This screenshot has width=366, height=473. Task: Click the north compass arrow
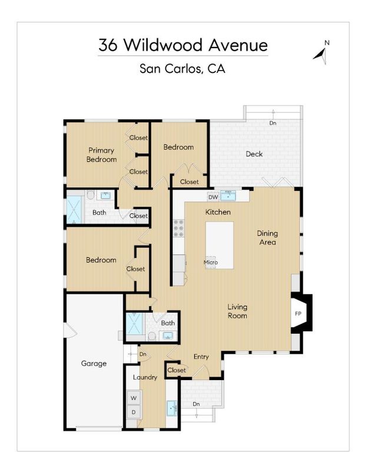coord(321,55)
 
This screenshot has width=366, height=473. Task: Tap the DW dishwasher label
coord(213,197)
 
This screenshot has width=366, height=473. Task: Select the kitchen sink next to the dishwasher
coord(228,196)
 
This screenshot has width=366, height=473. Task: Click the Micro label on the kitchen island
coord(211,262)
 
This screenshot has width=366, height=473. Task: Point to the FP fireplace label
coord(298,314)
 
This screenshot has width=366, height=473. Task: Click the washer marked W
coord(134,398)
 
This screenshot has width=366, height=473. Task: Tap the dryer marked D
coord(134,412)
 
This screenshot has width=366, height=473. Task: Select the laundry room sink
coord(172,408)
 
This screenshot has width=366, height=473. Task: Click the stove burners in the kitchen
coord(178,228)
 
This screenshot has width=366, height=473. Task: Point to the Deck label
coord(254,154)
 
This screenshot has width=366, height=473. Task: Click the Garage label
coord(94,364)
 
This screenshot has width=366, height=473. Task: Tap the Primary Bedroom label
coord(101,155)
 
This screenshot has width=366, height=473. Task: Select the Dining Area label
coord(267,238)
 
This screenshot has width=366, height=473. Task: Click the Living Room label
coord(238,311)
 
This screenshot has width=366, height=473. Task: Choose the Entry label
coord(201,357)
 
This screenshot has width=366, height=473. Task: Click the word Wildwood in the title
coord(163,45)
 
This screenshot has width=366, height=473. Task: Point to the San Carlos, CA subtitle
coord(182,68)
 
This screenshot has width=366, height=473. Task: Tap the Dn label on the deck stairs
coord(273,123)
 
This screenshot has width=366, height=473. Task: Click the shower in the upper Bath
coord(74,209)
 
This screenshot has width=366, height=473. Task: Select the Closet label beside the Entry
coord(177,370)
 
